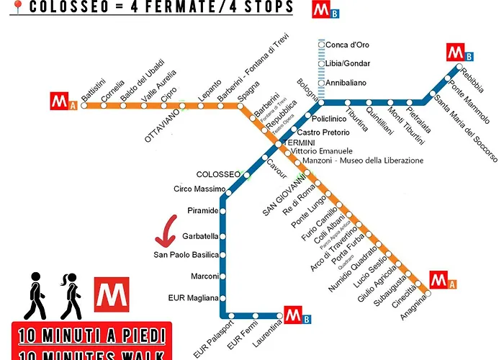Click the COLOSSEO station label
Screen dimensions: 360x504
(x=218, y=174)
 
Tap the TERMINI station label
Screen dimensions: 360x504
(x=302, y=143)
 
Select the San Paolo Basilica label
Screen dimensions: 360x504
(x=186, y=255)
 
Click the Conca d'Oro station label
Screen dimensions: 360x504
(x=348, y=45)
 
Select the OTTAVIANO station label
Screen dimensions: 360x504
(x=163, y=125)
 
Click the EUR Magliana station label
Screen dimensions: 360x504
(x=192, y=297)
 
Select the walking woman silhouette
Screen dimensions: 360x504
(x=71, y=295)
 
